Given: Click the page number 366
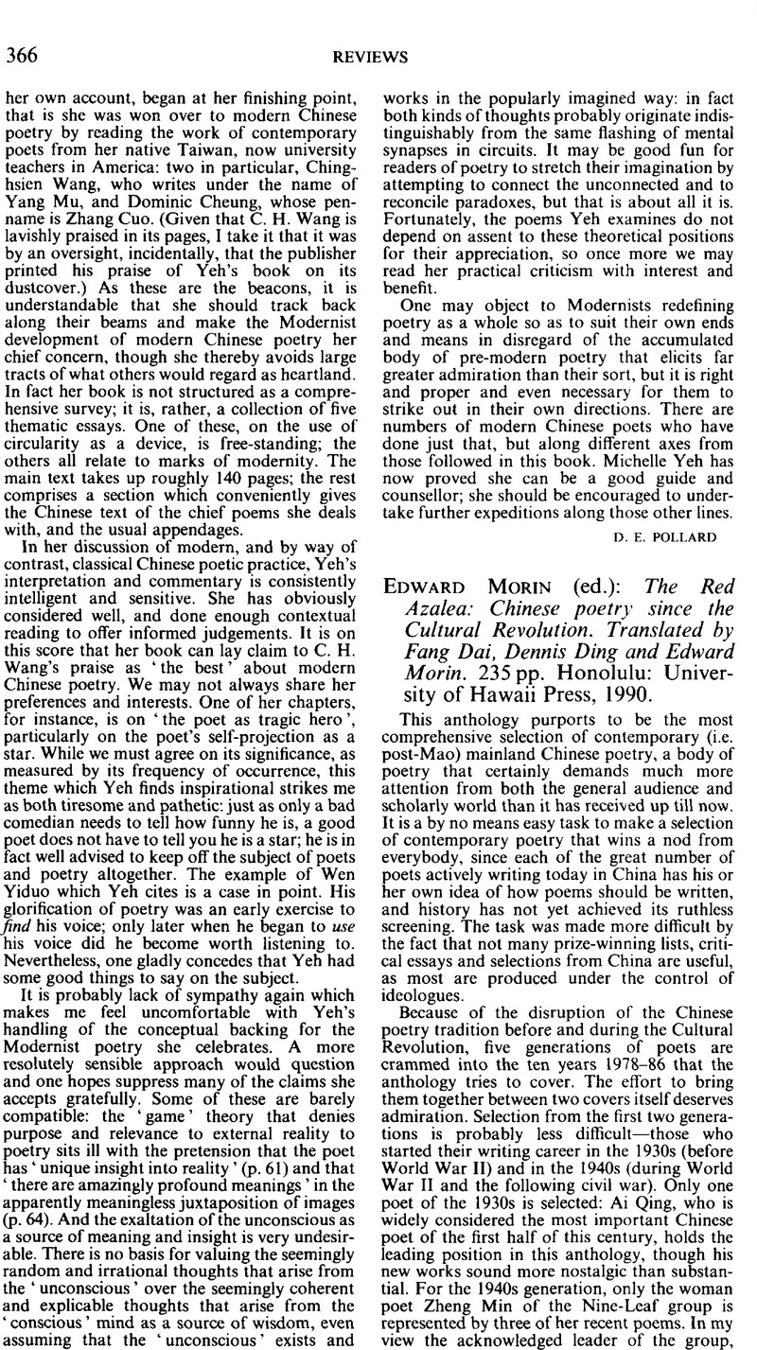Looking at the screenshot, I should pos(22,57).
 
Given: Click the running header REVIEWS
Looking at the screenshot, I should pos(378,58).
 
